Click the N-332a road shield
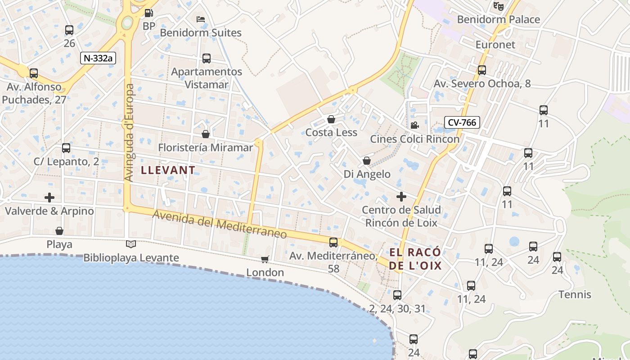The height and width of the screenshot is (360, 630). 98,58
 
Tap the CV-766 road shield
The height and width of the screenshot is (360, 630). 462,122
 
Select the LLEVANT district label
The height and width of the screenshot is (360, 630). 168,170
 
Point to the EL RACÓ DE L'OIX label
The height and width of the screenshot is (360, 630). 415,259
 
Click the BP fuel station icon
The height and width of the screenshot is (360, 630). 148,13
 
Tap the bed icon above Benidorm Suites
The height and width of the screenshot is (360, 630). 201,19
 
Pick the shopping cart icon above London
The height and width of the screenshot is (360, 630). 265,259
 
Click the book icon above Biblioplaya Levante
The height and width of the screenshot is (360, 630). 131,244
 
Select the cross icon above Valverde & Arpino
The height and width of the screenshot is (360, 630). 49,198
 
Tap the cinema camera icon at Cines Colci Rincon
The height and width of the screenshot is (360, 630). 414,125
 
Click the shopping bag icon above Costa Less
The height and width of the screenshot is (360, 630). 331,119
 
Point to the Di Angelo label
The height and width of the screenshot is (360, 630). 367,174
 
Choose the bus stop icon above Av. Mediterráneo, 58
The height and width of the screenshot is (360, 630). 333,243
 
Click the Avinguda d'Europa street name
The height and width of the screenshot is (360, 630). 130,133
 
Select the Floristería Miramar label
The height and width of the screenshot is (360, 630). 206,148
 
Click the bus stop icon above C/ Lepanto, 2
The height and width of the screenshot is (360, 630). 66,148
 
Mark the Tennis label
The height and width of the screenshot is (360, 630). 575,295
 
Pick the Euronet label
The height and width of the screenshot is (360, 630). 495,45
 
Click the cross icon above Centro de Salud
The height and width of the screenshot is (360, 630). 401,197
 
